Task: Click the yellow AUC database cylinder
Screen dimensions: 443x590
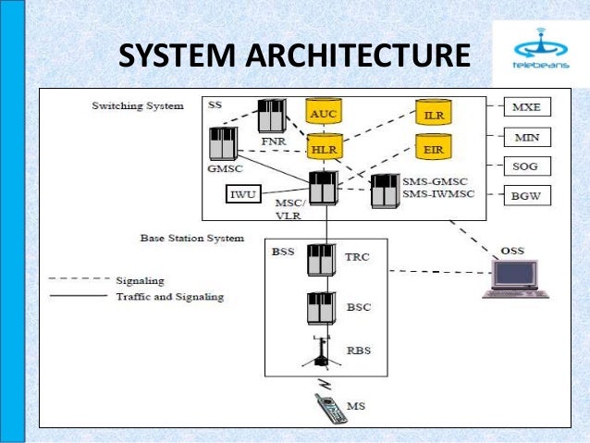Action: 323,113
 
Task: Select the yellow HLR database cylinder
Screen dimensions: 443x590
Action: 323,146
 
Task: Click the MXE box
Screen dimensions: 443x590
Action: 526,107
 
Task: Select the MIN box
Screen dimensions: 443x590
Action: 526,138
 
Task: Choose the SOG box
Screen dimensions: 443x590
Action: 526,167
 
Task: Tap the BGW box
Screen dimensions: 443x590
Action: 526,197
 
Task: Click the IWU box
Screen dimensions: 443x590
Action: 244,195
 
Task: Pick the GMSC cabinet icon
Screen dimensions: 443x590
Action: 223,143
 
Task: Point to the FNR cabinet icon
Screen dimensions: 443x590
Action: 272,115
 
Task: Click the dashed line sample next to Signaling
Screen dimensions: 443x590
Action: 78,279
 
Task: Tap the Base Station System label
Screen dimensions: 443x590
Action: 191,238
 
